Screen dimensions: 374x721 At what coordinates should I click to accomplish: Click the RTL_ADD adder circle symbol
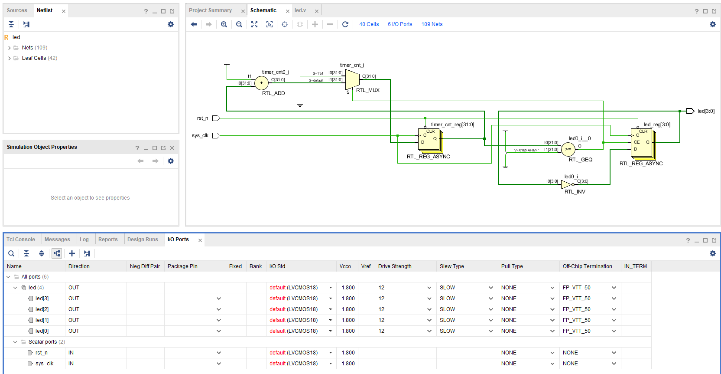coord(261,83)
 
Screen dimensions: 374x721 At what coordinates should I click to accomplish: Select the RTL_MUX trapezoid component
coord(352,79)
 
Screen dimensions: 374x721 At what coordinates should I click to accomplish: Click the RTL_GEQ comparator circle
coord(568,149)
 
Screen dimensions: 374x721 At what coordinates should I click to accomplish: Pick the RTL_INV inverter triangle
coord(566,184)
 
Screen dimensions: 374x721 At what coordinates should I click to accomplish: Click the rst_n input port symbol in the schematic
coord(216,118)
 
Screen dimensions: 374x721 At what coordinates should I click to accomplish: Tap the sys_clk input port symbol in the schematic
coord(216,135)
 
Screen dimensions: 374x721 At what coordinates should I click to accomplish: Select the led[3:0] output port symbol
coord(690,111)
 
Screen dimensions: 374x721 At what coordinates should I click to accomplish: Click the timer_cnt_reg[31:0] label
coord(452,125)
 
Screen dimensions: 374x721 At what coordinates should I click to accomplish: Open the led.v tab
coord(300,10)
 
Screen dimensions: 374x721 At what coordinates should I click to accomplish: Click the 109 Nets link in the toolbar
coord(432,24)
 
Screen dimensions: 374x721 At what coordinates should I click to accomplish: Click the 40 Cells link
coord(369,24)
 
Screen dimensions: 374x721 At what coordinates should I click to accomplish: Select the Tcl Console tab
coord(21,239)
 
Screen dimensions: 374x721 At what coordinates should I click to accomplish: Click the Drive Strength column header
coord(395,266)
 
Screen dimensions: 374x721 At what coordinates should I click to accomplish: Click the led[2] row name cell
coord(42,309)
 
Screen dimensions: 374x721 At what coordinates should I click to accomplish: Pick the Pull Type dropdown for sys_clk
coord(527,364)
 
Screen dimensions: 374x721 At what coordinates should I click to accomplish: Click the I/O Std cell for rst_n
coord(299,353)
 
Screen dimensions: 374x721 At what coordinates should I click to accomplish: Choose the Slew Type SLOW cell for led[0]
coord(466,331)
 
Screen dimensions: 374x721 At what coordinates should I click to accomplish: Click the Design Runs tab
coord(143,239)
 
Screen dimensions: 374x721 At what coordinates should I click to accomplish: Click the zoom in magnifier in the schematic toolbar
coord(224,24)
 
